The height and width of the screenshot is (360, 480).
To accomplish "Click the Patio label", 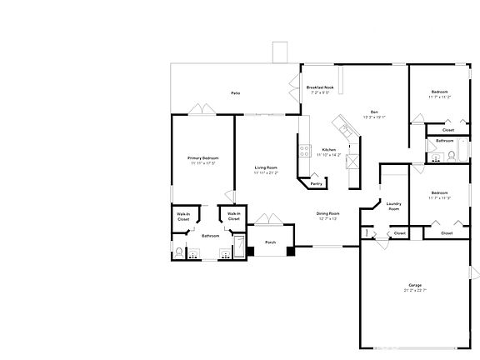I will coord(236,93).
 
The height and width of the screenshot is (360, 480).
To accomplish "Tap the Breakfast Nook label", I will coord(320,87).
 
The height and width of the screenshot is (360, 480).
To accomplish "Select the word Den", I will coord(375,111).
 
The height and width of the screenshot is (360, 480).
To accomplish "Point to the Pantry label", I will coord(317,182).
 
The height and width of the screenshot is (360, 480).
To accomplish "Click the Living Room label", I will coord(266,168).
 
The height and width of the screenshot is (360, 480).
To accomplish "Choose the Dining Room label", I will coord(327,214).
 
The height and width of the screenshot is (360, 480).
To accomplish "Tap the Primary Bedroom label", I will coord(202,157).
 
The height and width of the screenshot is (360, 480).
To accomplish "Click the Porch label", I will coord(270,242).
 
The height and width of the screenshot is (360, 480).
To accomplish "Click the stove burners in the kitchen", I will coord(304,151).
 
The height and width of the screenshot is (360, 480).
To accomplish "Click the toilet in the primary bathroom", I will coord(179,252).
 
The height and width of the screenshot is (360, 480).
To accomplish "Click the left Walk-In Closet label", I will coord(183,217).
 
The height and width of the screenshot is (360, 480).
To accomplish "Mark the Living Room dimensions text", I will coord(266,173).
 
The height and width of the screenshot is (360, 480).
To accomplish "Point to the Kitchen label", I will coord(328,150).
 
